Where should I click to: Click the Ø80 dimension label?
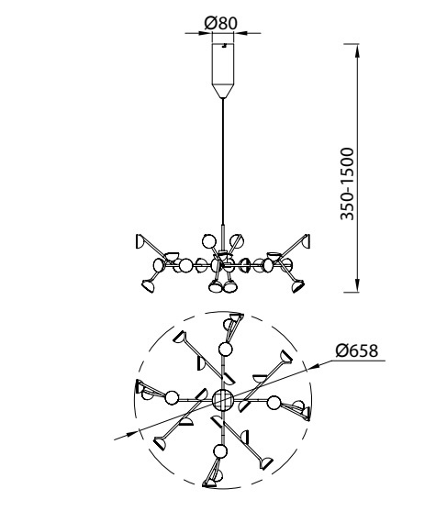220,24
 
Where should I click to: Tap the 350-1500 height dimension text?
347,184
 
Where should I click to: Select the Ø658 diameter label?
357,350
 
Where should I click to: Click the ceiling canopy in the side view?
223,64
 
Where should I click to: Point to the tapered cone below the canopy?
223,91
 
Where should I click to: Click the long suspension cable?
223,161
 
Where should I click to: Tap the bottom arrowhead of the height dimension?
358,284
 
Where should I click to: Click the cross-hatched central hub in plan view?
223,400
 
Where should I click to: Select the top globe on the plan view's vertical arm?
225,350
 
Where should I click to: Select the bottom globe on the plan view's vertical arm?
220,451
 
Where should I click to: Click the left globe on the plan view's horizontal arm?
172,397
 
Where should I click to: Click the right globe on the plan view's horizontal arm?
274,403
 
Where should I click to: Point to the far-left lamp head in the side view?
140,241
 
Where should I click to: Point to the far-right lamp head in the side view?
306,241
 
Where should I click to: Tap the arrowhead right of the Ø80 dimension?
241,33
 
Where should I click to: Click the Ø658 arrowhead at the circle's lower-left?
131,434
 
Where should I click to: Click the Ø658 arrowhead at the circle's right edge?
314,365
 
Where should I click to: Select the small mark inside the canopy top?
224,46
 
